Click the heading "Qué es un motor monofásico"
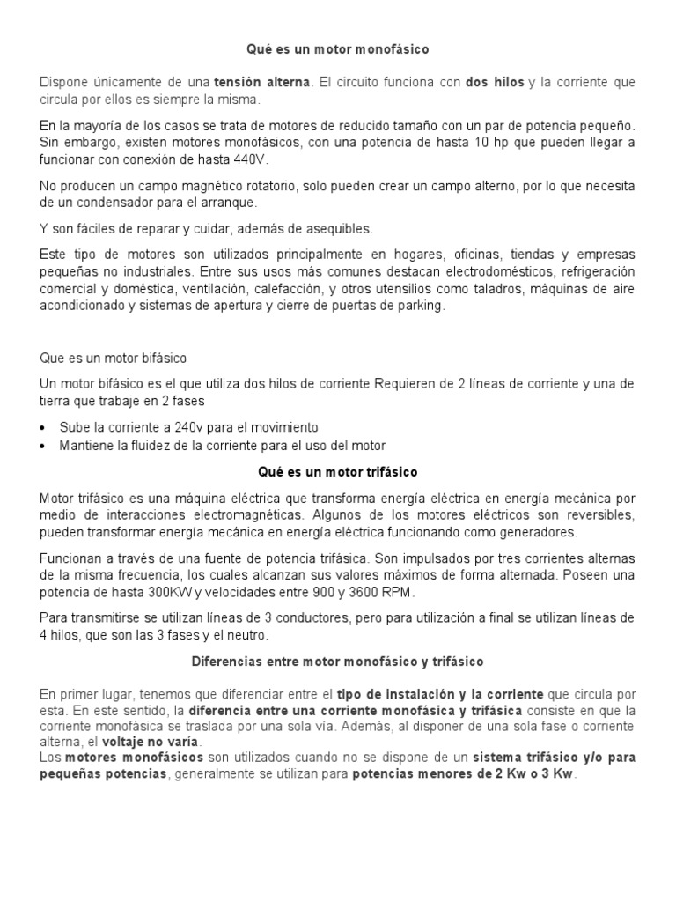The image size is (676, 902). (x=338, y=50)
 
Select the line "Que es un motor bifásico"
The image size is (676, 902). (x=114, y=359)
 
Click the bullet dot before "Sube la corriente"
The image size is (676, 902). (x=45, y=427)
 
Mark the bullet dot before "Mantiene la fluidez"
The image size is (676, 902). (x=45, y=446)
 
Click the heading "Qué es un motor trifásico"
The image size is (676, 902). (x=338, y=472)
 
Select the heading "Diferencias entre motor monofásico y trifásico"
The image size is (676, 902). (x=338, y=661)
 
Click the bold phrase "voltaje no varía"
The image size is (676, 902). (x=151, y=742)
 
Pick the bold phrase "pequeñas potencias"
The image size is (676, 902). (x=101, y=774)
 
